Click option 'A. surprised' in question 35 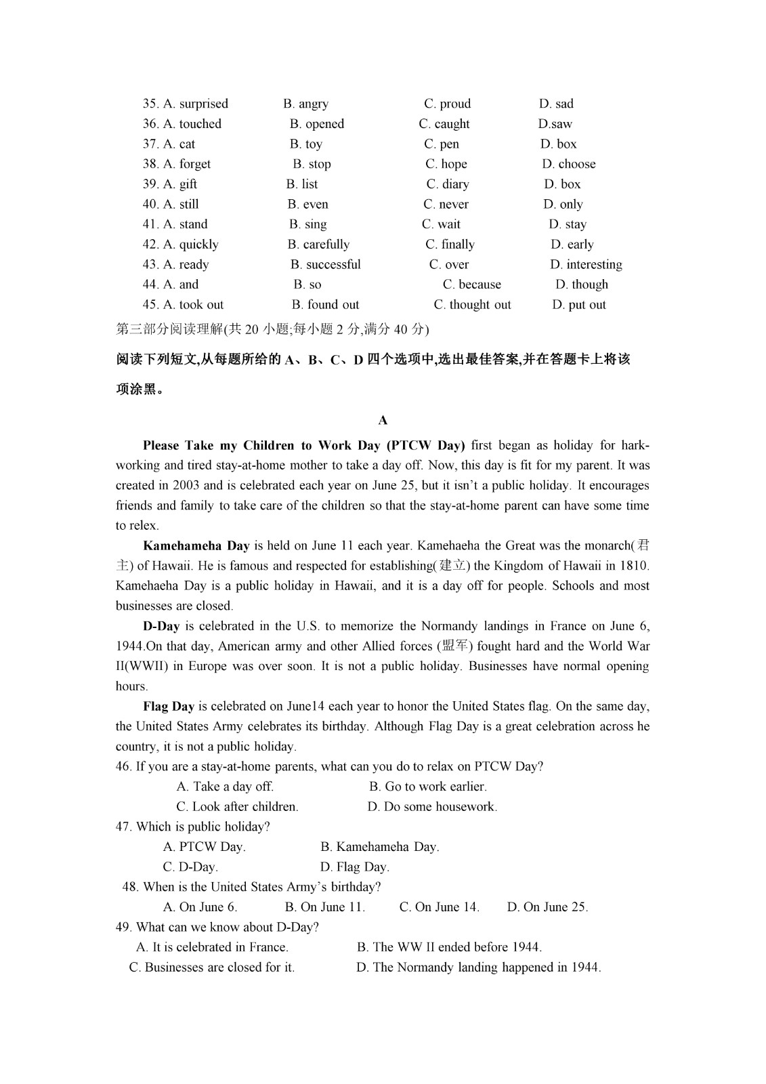point(196,104)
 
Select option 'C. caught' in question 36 point(444,124)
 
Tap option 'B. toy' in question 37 point(306,144)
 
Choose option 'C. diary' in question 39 point(448,184)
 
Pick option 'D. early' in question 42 point(572,245)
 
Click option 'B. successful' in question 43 point(325,265)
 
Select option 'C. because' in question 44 point(472,285)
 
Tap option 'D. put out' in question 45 point(579,305)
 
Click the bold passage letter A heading point(383,421)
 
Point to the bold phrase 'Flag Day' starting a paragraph point(169,707)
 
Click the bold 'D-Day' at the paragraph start point(161,626)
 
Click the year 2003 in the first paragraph point(186,486)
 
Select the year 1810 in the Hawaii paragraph point(634,566)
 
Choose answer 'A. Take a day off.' point(225,787)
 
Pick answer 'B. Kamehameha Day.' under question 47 point(379,847)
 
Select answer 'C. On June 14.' point(439,907)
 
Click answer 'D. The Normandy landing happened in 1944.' point(478,967)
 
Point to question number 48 point(130,887)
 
